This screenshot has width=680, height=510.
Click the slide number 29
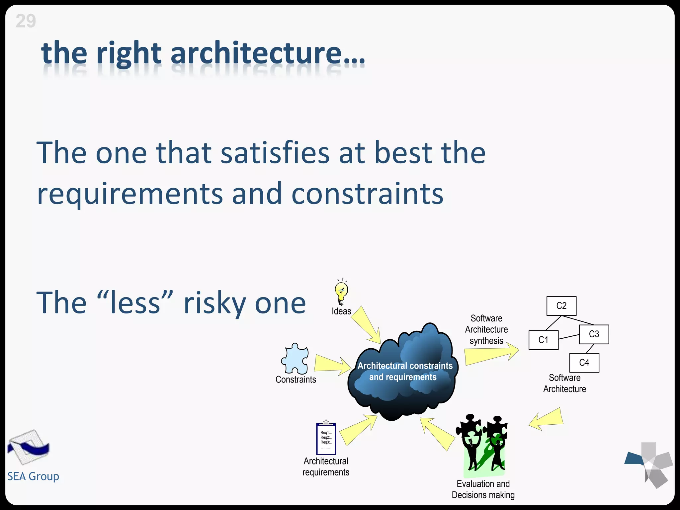(26, 21)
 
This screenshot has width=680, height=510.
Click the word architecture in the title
(256, 53)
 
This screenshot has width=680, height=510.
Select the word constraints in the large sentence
(367, 194)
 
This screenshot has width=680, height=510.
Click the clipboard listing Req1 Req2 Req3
(326, 439)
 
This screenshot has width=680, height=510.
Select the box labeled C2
(561, 306)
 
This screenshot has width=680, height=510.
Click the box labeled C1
(543, 340)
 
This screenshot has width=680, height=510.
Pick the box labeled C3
(594, 334)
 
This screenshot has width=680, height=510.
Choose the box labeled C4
(584, 363)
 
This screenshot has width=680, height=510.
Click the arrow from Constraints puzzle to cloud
(332, 364)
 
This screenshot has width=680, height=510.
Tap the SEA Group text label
(33, 476)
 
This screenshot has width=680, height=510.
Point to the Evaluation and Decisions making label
(483, 489)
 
